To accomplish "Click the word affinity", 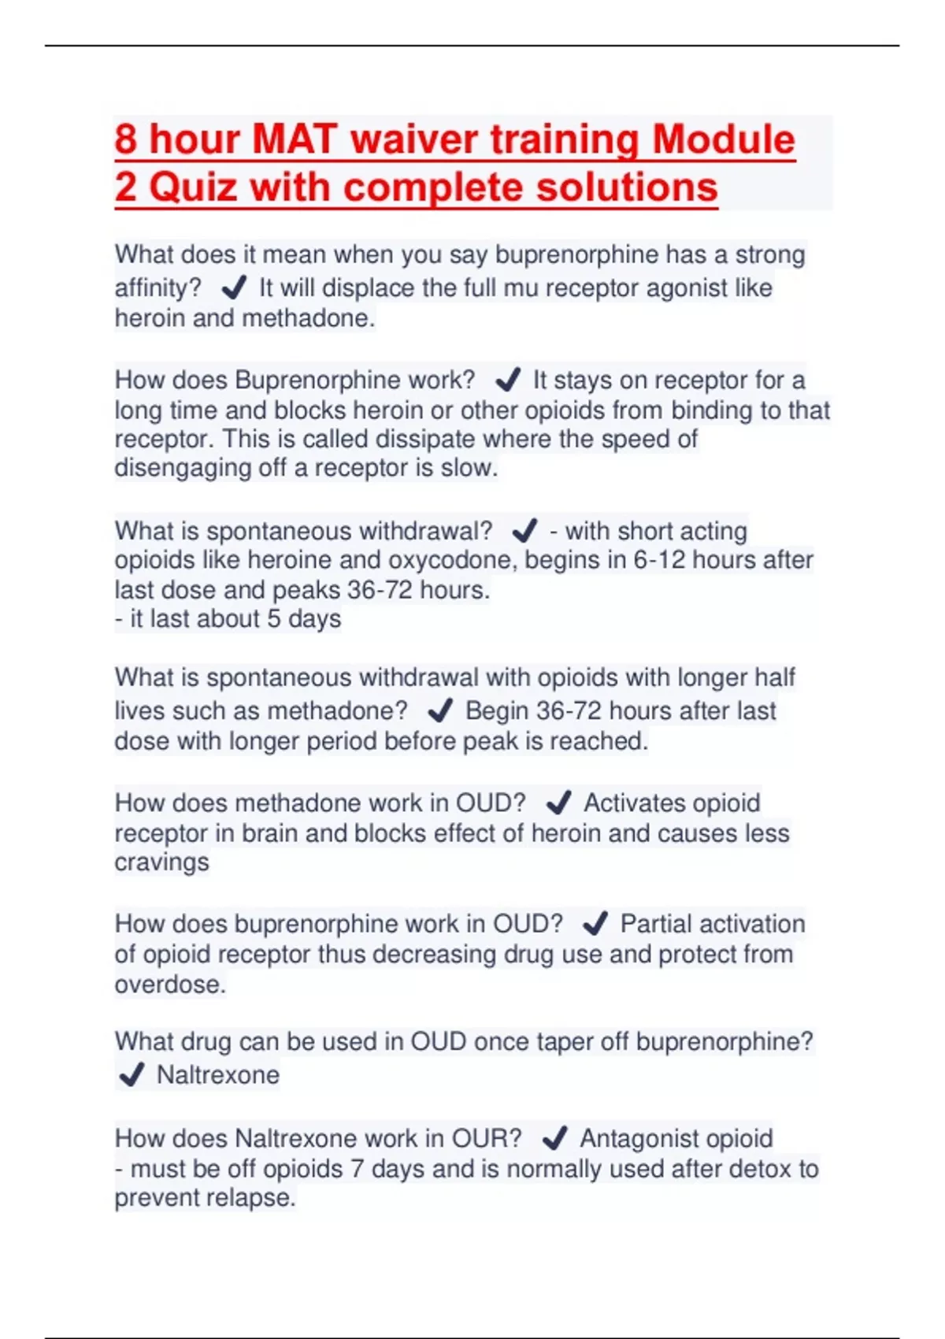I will (x=157, y=288).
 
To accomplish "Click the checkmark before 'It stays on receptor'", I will (x=508, y=380).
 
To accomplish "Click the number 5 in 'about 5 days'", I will (x=273, y=619).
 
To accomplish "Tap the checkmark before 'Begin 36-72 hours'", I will (x=439, y=711).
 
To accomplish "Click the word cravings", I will (x=161, y=862).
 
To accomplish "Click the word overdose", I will (x=169, y=985).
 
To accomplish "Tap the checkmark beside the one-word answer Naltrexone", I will (x=131, y=1074).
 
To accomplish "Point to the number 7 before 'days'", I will (x=357, y=1169).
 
